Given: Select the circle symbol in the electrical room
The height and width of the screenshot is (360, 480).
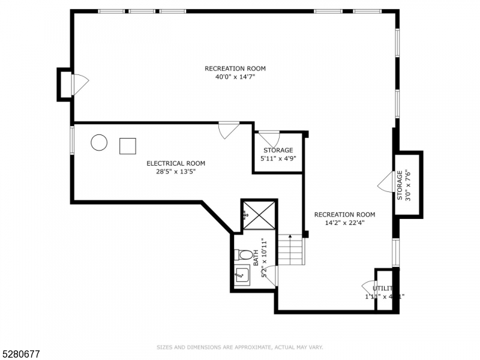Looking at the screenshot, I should coord(99,143).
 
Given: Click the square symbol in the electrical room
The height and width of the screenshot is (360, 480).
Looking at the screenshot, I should coord(128,146).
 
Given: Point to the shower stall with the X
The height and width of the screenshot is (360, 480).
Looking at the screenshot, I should coord(259,214).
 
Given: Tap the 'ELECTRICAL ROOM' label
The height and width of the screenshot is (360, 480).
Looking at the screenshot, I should coord(176,163).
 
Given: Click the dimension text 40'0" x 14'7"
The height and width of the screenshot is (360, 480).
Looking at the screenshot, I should coord(235,77).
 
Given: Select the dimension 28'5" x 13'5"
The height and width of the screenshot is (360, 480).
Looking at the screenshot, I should coord(176,171).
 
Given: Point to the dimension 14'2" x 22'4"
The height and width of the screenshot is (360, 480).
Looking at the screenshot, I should coord(344,223).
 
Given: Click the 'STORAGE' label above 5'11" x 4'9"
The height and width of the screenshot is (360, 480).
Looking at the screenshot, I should coord(278,150).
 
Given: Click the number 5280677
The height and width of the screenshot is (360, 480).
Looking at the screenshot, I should coord(21,355).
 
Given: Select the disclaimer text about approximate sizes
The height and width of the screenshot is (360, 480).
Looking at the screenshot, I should coord(240,347).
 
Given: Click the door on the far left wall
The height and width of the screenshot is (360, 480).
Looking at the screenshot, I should coord(80,85).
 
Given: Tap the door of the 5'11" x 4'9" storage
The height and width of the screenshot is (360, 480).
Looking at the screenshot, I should coord(269,137).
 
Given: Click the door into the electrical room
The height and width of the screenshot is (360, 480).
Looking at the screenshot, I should coord(229,130).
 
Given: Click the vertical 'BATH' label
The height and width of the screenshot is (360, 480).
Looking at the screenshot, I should coord(256,258).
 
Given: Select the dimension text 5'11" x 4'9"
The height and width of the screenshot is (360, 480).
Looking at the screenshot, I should coord(278,158).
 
